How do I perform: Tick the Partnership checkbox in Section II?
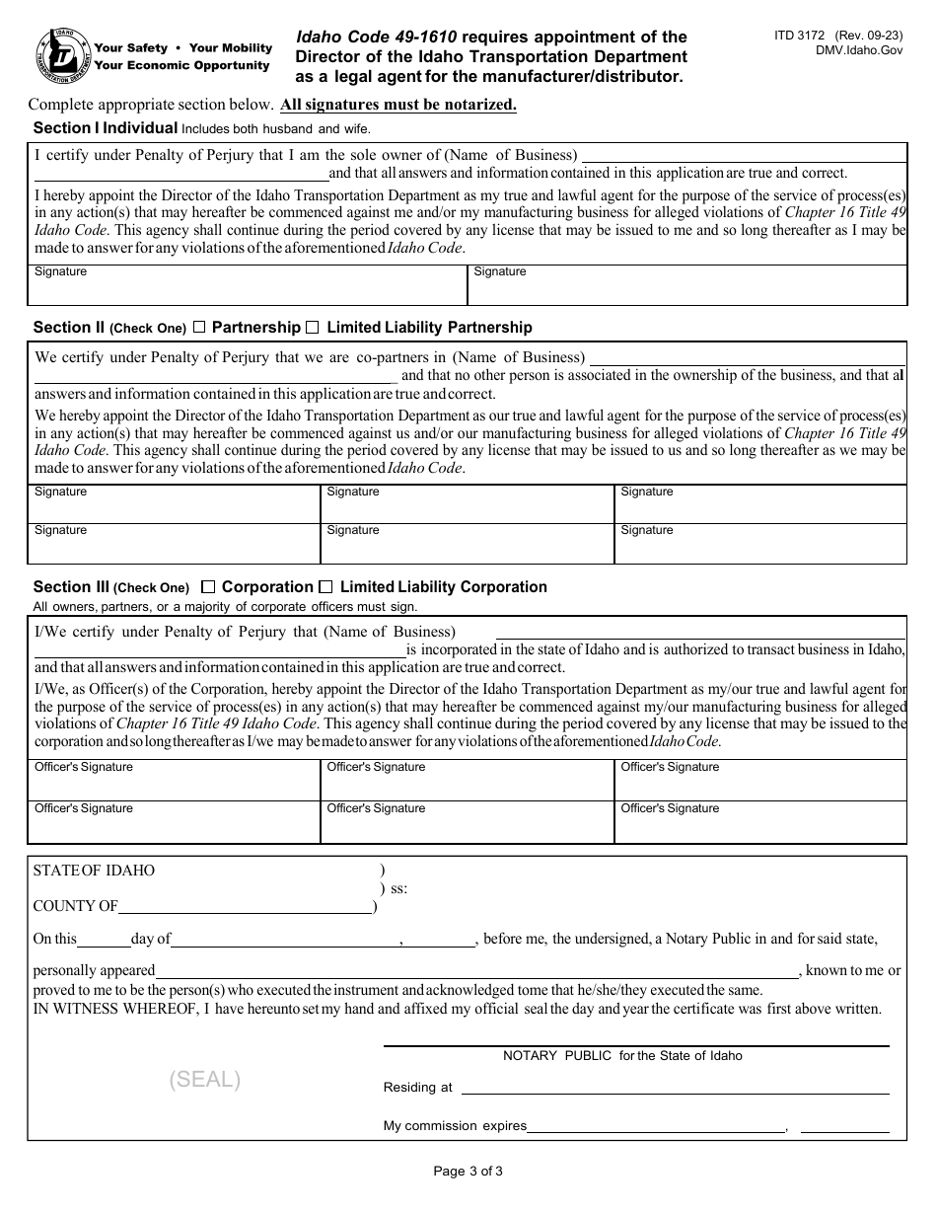pos(199,327)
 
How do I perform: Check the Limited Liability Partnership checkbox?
pos(313,327)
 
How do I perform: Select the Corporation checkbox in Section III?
pos(208,586)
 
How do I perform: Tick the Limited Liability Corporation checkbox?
pos(326,586)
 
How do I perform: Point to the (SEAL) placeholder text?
pos(205,1080)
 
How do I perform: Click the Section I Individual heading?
pos(106,128)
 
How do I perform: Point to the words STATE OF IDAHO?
pos(94,871)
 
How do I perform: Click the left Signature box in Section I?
pos(247,286)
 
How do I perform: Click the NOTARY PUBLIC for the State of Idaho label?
pos(622,1056)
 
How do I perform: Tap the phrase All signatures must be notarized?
pos(398,105)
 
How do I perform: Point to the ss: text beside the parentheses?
pos(398,888)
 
